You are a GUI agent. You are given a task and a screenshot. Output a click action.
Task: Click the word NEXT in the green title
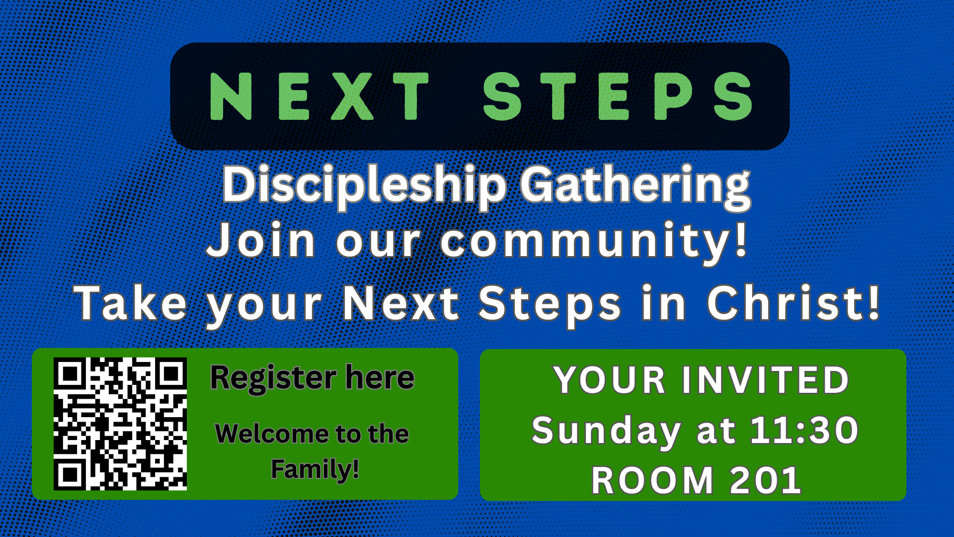click(319, 96)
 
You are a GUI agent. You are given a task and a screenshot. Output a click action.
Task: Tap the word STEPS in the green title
click(618, 96)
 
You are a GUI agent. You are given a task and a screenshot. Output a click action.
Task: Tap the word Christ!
click(794, 302)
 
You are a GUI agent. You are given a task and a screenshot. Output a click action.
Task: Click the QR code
click(120, 424)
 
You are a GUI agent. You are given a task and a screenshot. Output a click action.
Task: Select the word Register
click(274, 379)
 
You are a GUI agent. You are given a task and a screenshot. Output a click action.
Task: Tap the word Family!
click(315, 470)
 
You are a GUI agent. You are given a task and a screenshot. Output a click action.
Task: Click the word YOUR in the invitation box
click(609, 380)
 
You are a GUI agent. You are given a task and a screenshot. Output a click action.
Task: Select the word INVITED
click(765, 380)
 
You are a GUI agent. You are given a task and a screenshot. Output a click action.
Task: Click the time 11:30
click(804, 430)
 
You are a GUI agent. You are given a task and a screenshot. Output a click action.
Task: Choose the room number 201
click(766, 481)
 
